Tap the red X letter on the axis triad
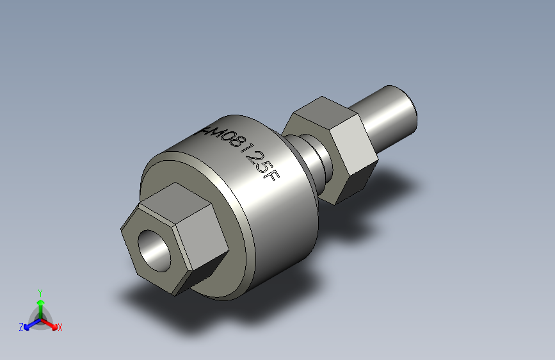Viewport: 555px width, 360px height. pos(60,327)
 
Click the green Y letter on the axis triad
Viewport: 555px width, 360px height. pos(40,292)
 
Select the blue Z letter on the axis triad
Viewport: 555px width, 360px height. pos(21,327)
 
